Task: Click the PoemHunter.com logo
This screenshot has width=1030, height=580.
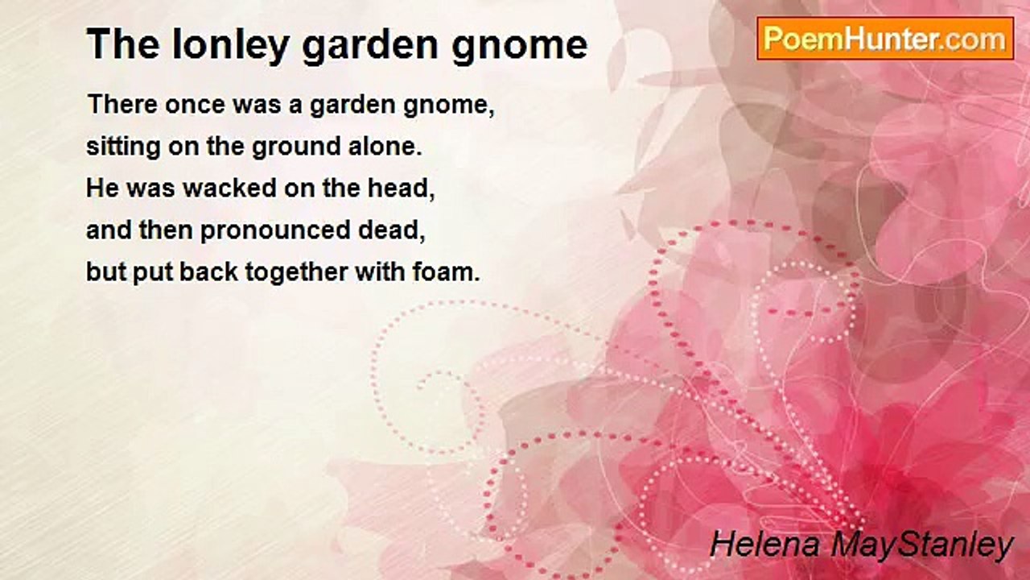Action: click(885, 39)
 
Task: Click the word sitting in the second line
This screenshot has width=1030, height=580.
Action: click(123, 147)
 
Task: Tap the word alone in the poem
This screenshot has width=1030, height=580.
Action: click(385, 147)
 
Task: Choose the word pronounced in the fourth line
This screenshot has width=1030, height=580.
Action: click(275, 231)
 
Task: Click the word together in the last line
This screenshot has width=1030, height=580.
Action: click(297, 273)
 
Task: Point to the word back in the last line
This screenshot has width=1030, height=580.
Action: click(208, 272)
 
